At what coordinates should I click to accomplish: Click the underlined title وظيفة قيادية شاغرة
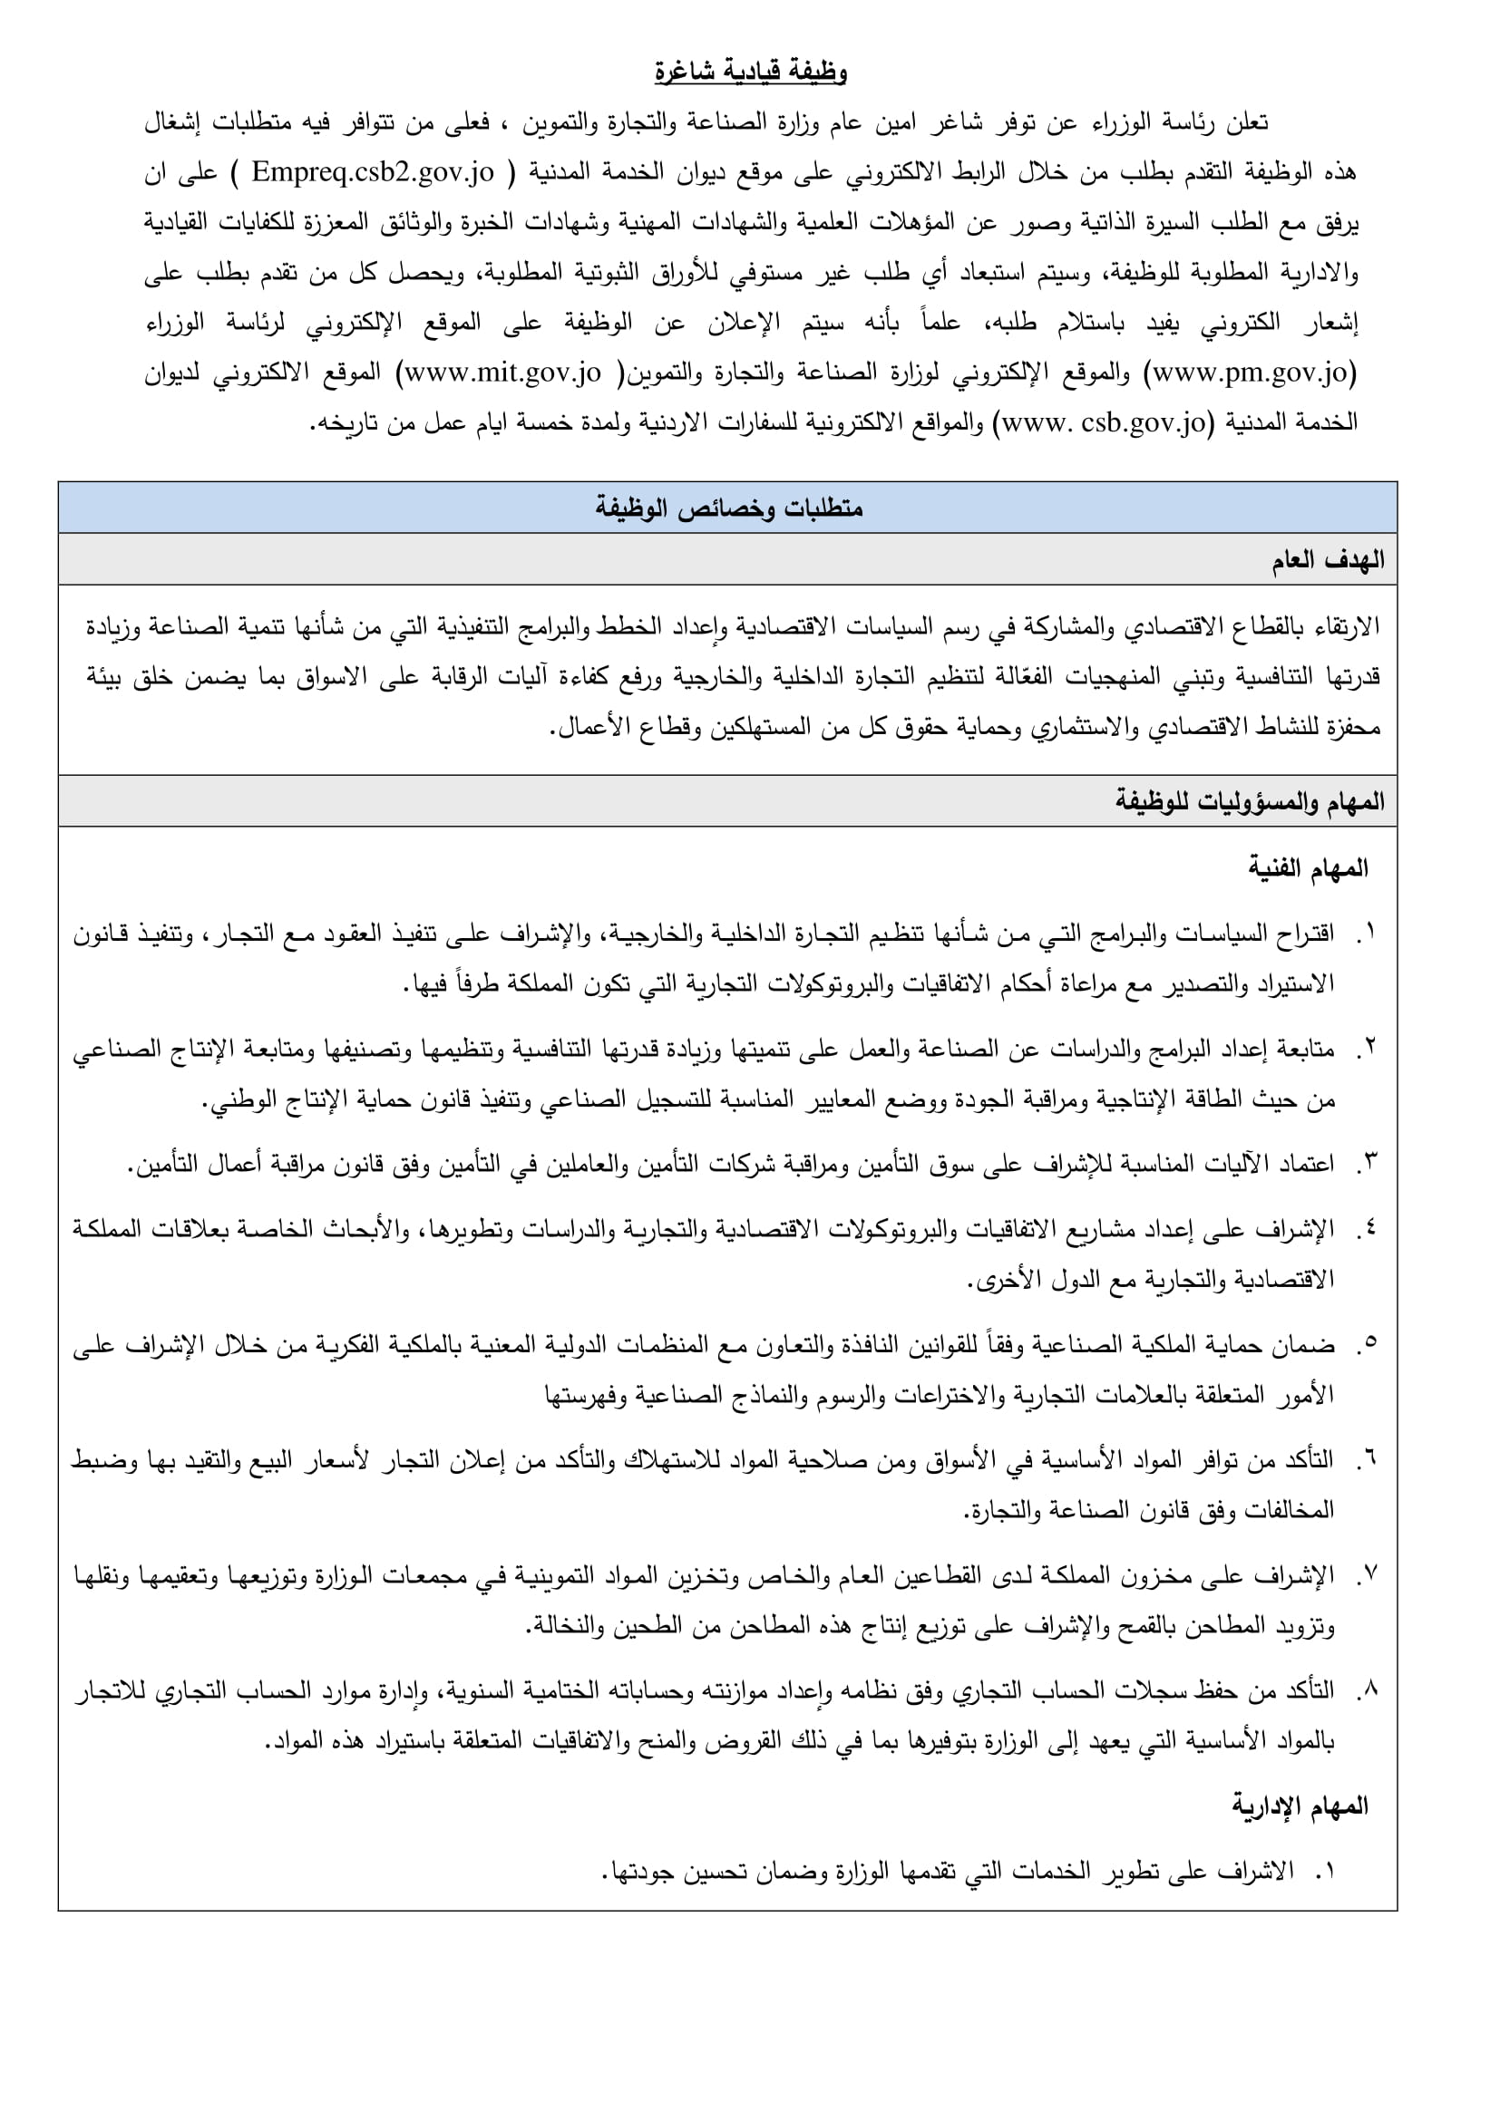coord(750,71)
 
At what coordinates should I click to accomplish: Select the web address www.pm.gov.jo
coord(1251,373)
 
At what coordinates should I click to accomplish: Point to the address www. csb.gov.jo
coord(1105,423)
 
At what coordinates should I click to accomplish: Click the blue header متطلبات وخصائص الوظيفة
coord(728,508)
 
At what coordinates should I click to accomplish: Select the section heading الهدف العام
coord(1328,559)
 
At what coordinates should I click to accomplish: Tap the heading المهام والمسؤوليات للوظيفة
coord(1249,801)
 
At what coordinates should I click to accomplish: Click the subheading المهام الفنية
coord(1308,868)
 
